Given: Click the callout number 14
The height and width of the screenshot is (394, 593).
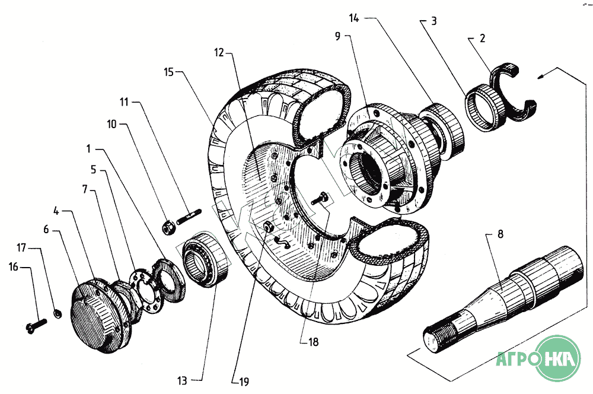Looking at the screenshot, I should [x=354, y=20].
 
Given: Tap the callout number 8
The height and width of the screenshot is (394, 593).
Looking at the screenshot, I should [x=500, y=235].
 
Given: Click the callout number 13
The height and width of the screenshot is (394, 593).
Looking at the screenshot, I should [x=181, y=380].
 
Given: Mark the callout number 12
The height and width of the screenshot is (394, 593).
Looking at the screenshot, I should [x=219, y=53].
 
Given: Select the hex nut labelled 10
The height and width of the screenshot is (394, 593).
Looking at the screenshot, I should [x=168, y=227].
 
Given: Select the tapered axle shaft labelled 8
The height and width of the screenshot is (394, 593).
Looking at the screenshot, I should [x=504, y=291].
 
